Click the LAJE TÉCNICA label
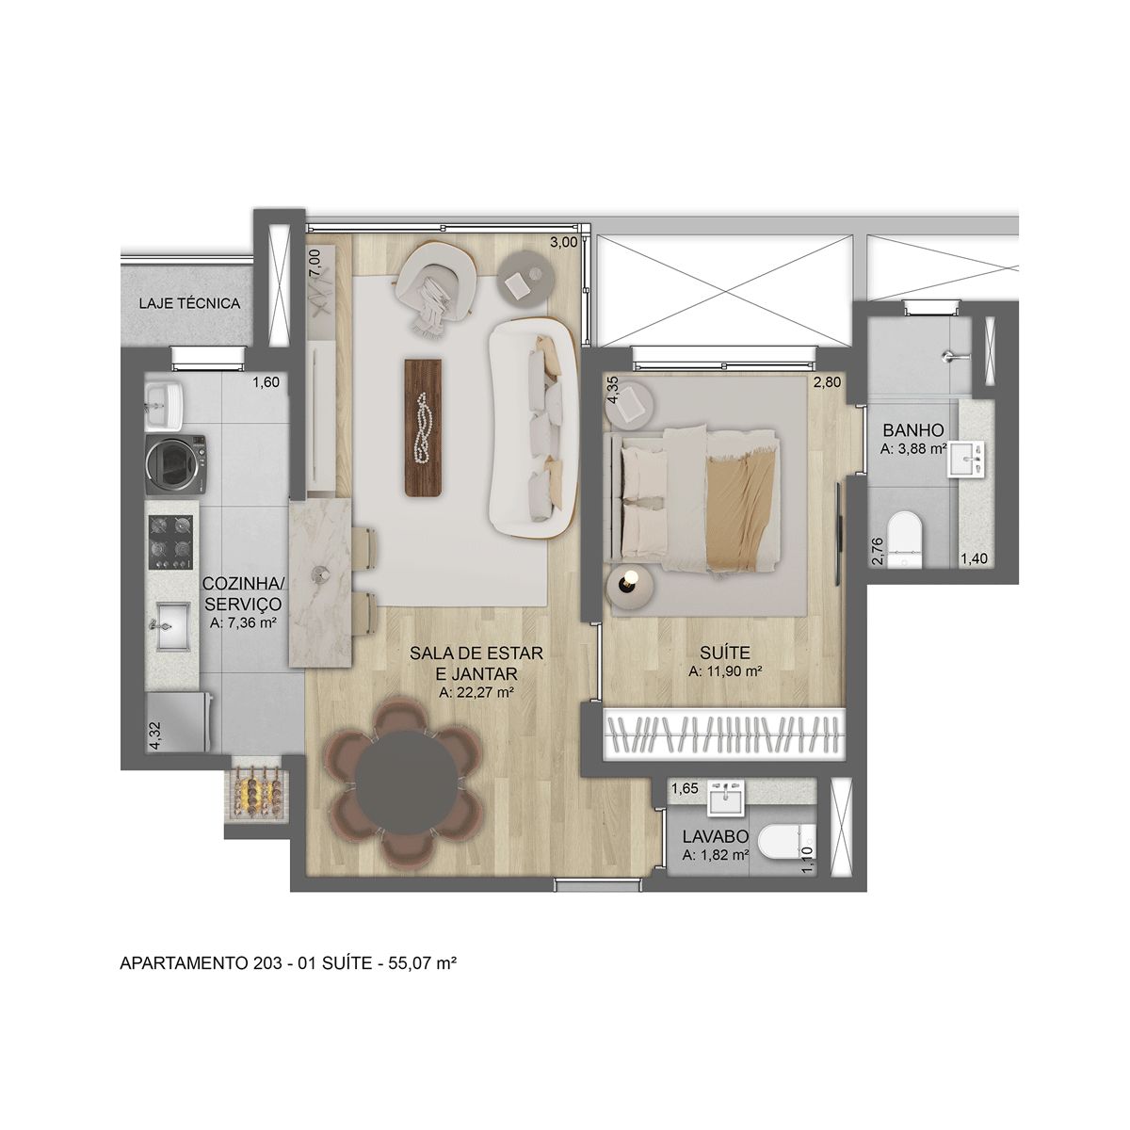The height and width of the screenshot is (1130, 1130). tap(189, 304)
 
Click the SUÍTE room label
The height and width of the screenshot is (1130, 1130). tap(724, 652)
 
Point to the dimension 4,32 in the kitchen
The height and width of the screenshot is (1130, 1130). tap(155, 733)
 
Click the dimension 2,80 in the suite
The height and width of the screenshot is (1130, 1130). tap(825, 383)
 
